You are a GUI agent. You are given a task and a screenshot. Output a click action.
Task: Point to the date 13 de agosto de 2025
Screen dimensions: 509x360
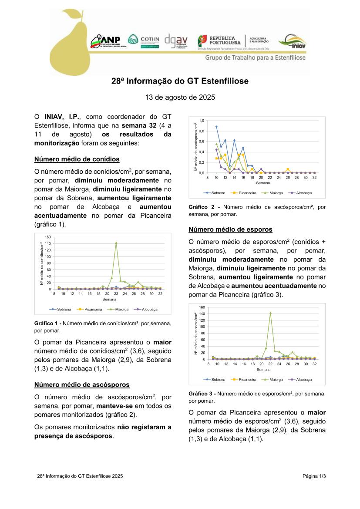[180, 97]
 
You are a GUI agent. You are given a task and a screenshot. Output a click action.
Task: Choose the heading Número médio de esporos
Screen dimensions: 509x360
[230, 229]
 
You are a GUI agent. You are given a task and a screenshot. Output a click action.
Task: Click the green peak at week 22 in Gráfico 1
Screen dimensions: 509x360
[116, 243]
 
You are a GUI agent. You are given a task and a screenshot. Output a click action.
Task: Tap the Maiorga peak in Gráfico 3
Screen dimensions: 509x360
[270, 313]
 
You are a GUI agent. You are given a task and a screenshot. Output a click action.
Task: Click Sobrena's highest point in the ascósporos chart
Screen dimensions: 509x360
[216, 127]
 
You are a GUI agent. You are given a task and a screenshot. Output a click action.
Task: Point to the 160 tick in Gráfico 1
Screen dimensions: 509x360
[48, 237]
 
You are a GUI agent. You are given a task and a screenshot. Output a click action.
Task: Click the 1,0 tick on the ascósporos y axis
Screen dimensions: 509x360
[202, 120]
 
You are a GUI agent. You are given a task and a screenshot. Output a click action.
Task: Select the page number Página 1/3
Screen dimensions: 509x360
[314, 476]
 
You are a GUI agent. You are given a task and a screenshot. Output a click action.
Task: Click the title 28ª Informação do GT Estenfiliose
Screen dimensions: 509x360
[180, 81]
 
